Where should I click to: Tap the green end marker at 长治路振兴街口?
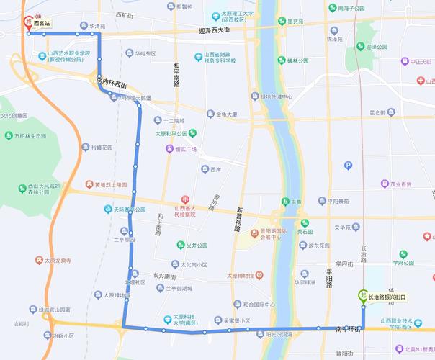pyautogui.click(x=362, y=295)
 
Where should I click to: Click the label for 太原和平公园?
pyautogui.click(x=171, y=133)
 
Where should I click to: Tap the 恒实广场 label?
pyautogui.click(x=181, y=149)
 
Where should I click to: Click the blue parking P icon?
pyautogui.click(x=349, y=166)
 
